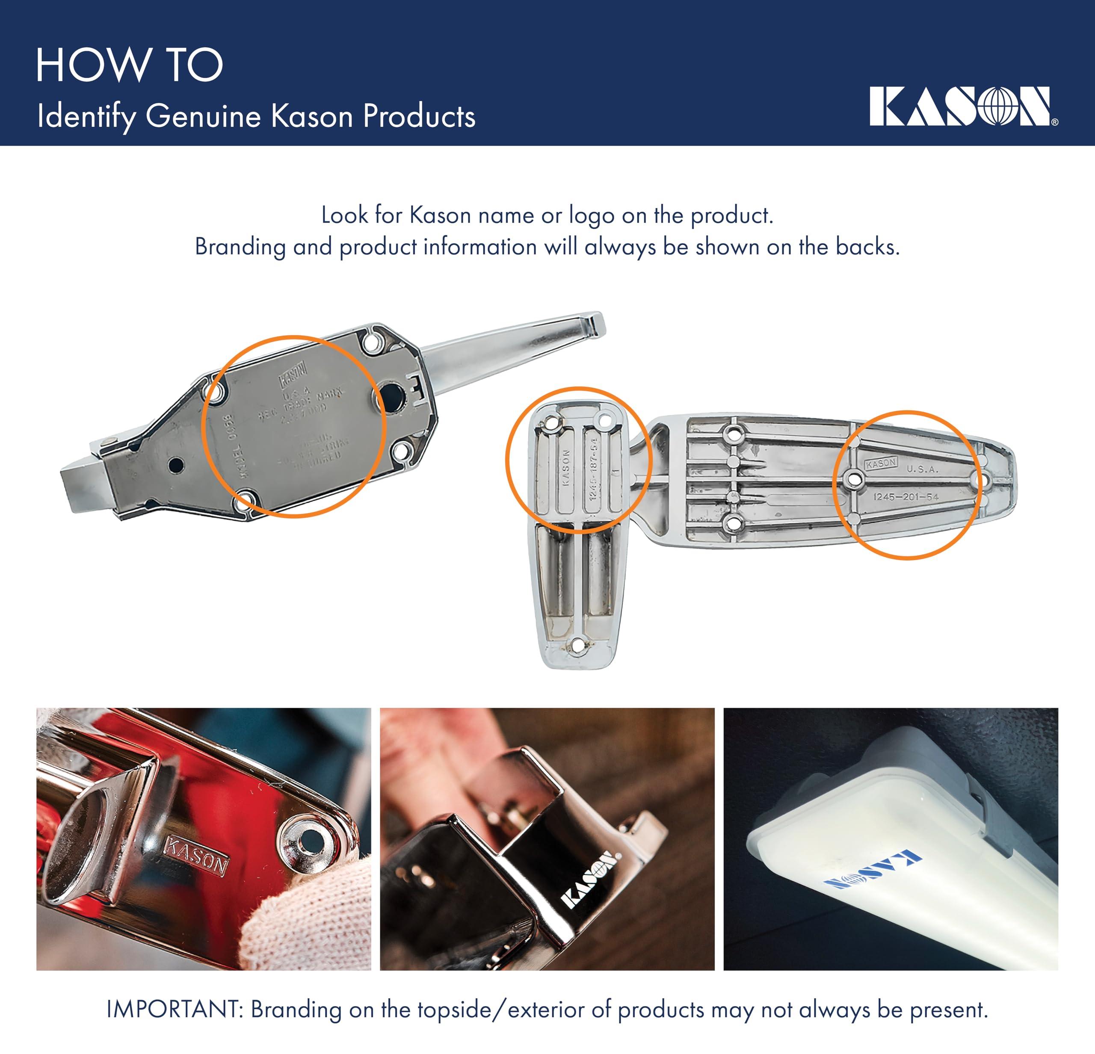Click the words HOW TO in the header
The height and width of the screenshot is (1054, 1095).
pyautogui.click(x=129, y=65)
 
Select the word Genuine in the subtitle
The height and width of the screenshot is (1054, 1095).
pyautogui.click(x=203, y=116)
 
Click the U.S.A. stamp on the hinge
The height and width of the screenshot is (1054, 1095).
pyautogui.click(x=922, y=469)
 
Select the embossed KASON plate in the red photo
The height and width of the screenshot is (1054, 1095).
pyautogui.click(x=195, y=855)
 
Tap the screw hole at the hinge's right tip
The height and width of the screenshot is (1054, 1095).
pyautogui.click(x=985, y=480)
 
